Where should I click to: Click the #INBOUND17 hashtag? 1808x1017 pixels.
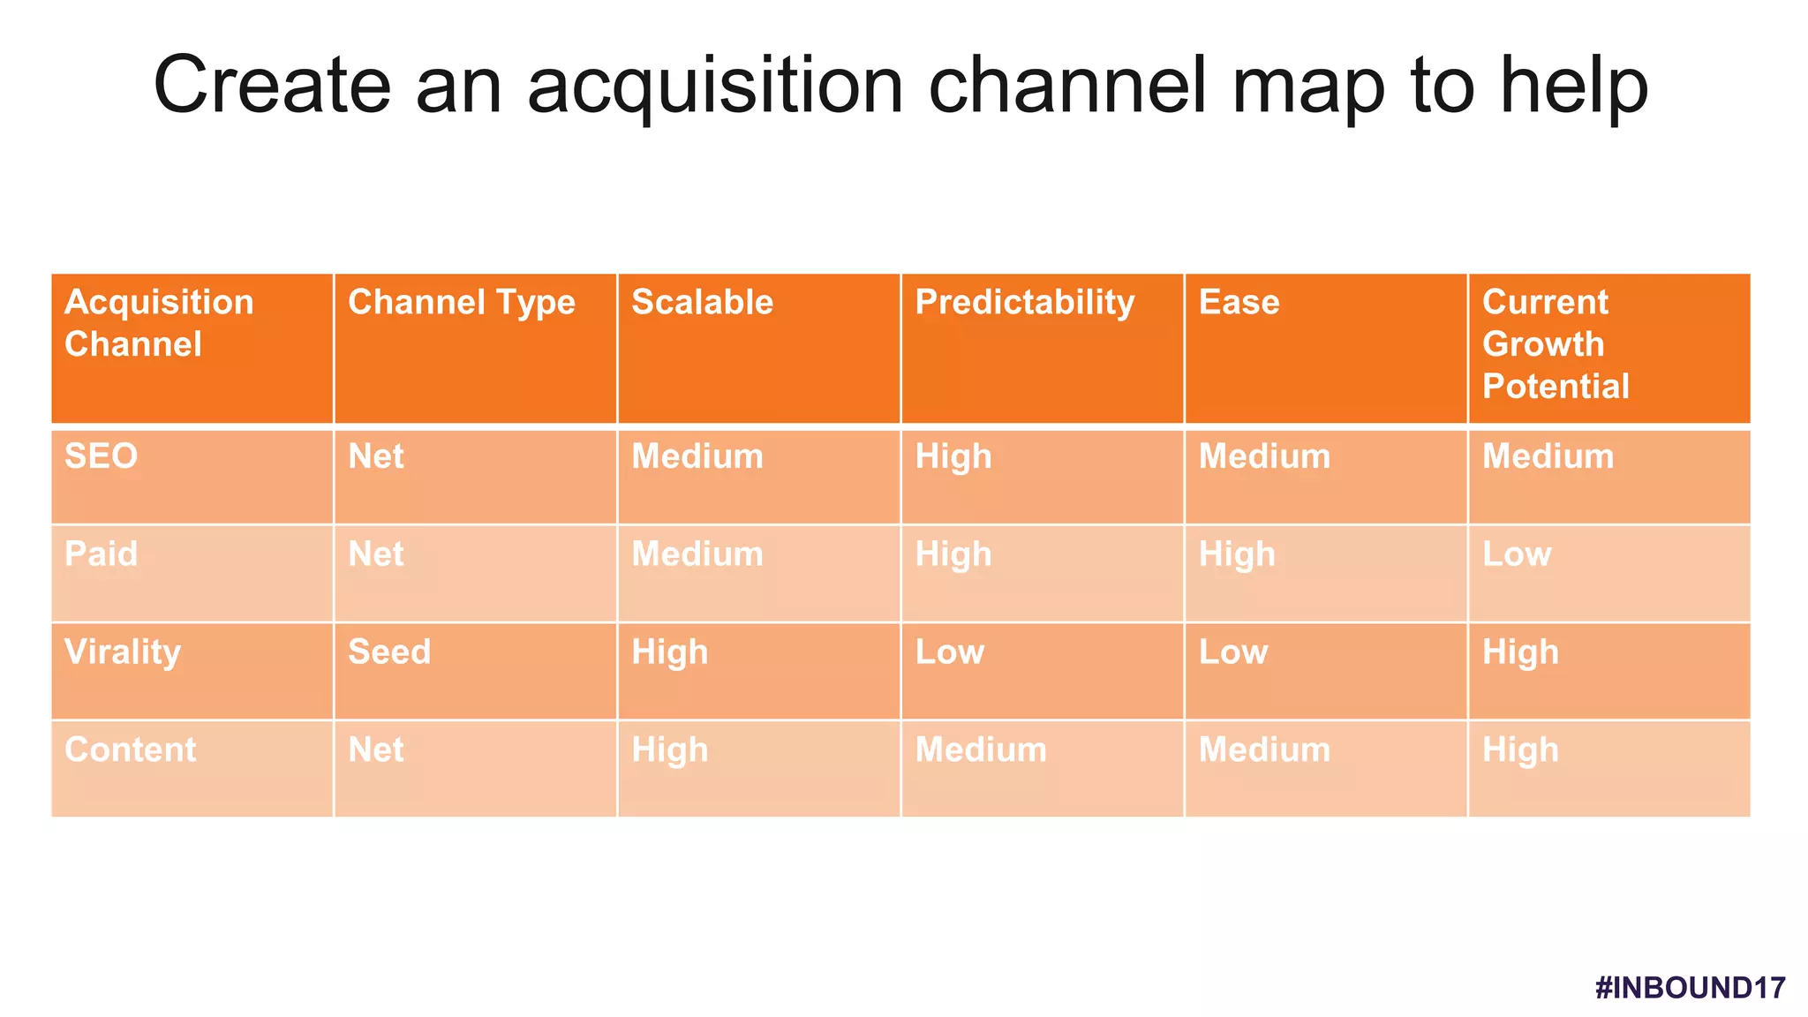click(1690, 987)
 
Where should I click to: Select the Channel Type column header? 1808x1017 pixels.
click(461, 303)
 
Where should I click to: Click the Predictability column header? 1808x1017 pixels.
click(1024, 303)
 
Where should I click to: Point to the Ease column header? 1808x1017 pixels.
click(1239, 303)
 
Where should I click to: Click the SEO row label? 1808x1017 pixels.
click(102, 456)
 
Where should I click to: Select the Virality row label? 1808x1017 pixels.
click(123, 652)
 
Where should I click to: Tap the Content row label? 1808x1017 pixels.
click(130, 750)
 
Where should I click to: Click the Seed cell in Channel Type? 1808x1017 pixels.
click(389, 652)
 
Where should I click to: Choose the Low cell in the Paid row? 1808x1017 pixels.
click(1516, 554)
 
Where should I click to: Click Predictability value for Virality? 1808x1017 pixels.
click(949, 652)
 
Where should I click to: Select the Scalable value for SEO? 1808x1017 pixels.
click(697, 456)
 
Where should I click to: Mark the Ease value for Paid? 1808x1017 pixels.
click(1236, 554)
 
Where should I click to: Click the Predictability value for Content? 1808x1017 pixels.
click(980, 750)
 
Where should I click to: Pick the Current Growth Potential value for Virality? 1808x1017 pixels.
click(1519, 652)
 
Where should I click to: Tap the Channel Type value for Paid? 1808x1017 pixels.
click(375, 554)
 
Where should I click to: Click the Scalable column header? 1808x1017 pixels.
click(702, 303)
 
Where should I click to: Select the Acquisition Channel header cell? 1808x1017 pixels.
click(159, 323)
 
